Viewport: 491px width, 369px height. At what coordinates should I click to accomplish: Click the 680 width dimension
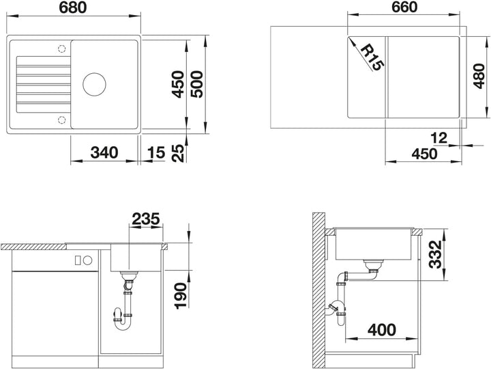click(73, 8)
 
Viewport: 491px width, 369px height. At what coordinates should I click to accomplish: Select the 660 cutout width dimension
click(404, 8)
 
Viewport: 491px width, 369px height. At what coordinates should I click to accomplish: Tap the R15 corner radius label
click(372, 57)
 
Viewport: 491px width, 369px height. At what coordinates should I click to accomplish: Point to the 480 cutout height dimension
click(479, 76)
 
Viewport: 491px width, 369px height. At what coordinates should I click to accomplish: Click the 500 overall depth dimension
click(197, 84)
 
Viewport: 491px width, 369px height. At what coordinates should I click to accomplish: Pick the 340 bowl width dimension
click(104, 153)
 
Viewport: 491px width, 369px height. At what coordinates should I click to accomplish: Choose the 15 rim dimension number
click(156, 153)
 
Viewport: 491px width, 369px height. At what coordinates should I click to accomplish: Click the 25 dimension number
click(179, 153)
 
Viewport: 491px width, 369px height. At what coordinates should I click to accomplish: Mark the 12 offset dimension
click(439, 138)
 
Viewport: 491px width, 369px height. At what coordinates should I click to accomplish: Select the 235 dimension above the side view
click(146, 219)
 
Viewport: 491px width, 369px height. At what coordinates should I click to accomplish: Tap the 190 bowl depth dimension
click(181, 296)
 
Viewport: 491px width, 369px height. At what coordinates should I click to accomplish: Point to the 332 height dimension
click(435, 254)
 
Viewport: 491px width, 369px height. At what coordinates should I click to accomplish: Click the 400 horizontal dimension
click(382, 330)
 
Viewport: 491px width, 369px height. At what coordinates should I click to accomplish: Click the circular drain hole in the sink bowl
click(94, 85)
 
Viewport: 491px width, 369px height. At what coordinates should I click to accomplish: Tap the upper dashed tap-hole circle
click(61, 49)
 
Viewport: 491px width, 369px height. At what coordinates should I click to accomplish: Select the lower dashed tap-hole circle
click(61, 120)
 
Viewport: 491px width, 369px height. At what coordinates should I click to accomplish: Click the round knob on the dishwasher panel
click(88, 260)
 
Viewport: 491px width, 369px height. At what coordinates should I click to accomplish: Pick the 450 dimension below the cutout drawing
click(424, 154)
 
